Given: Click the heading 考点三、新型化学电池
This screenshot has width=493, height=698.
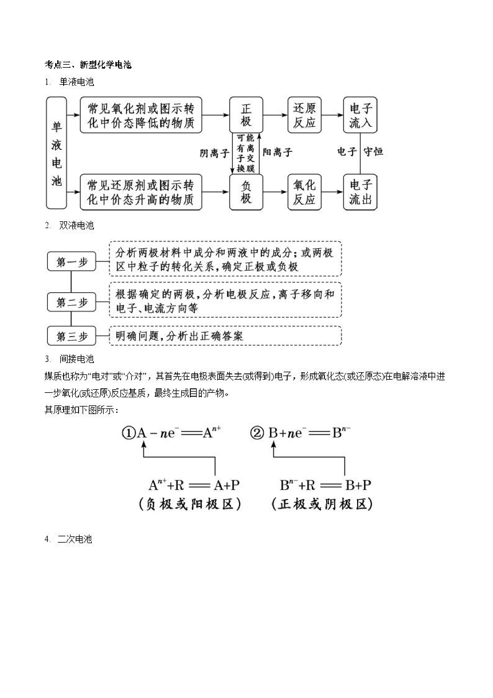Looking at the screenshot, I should point(88,65).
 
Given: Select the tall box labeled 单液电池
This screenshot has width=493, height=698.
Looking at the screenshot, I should point(57,153).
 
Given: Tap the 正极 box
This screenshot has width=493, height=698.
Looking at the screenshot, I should point(246,115).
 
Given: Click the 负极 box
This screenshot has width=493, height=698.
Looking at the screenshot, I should point(246,192).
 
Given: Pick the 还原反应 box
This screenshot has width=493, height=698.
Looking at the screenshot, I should point(304,115).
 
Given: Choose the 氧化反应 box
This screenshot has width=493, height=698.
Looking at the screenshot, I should point(304,192).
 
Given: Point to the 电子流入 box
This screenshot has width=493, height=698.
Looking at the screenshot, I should point(360,115).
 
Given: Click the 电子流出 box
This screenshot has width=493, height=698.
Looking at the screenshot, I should point(360,192).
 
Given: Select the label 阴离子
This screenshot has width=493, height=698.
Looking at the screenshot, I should point(214,153).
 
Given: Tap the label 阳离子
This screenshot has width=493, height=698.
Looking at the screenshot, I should point(277,152).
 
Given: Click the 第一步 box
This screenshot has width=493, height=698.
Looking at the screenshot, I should point(72,261).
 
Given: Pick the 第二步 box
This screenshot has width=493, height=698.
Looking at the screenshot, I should point(72,302).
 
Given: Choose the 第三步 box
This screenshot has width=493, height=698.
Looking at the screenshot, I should point(72,336).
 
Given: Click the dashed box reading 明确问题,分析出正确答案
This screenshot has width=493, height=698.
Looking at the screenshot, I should point(225,336).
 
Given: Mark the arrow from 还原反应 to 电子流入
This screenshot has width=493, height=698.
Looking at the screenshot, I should point(332,115).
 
